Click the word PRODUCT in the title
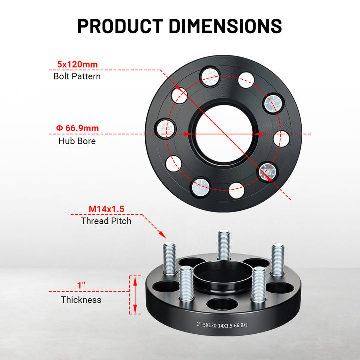[x=120, y=26]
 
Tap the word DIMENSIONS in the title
[x=225, y=26]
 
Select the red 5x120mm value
[x=77, y=64]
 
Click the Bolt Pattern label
[x=77, y=76]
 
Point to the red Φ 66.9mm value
[x=77, y=128]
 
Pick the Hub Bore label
[x=77, y=141]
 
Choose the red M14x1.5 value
[x=106, y=209]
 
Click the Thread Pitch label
[x=106, y=221]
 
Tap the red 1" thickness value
[x=81, y=285]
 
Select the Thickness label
[x=81, y=300]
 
